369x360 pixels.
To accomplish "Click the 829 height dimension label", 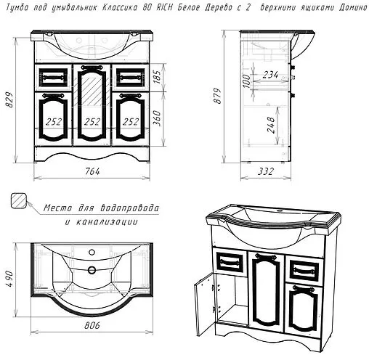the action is pyautogui.click(x=9, y=99).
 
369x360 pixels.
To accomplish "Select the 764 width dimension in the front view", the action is pyautogui.click(x=92, y=171).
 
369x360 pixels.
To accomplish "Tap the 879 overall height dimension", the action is pyautogui.click(x=217, y=96).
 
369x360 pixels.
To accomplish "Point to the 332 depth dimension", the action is pyautogui.click(x=266, y=171).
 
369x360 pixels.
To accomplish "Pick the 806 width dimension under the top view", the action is pyautogui.click(x=92, y=325).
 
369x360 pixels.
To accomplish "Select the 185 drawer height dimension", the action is pyautogui.click(x=157, y=77).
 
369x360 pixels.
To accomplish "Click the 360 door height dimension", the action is pyautogui.click(x=157, y=118).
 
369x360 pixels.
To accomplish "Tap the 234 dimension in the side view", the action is pyautogui.click(x=270, y=75).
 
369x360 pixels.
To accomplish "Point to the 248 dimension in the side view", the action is pyautogui.click(x=271, y=125).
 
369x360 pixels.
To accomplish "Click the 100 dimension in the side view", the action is pyautogui.click(x=246, y=81).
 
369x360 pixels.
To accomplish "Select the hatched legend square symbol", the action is pyautogui.click(x=19, y=200).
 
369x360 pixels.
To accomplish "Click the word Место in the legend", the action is pyautogui.click(x=57, y=208).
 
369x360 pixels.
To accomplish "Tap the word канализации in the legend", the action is pyautogui.click(x=107, y=222).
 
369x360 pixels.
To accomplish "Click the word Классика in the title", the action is pyautogui.click(x=120, y=8).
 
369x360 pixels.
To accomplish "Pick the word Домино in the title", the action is pyautogui.click(x=353, y=8).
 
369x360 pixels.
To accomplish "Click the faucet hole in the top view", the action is pyautogui.click(x=92, y=252).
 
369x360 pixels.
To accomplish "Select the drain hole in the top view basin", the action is pyautogui.click(x=92, y=269).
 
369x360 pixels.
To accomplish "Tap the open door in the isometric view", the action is pyautogui.click(x=203, y=305).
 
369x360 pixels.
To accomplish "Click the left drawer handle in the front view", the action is pyautogui.click(x=53, y=78).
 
